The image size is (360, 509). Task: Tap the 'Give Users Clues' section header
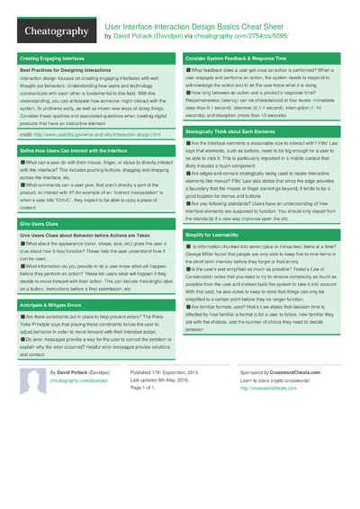click(40, 223)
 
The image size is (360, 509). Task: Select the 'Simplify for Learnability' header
click(220, 234)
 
